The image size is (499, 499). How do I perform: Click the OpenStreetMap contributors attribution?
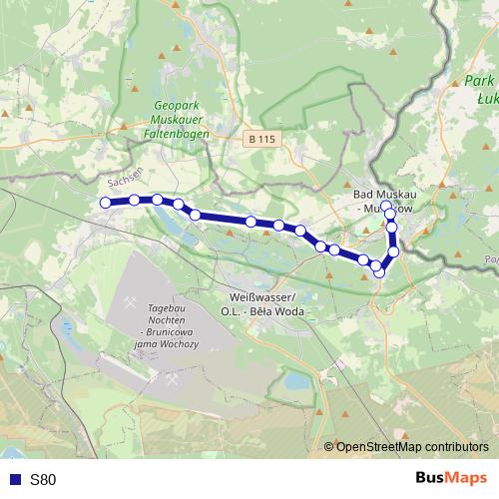pos(412,447)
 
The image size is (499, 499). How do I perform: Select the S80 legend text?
pos(43,480)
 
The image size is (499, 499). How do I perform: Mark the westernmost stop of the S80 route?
pos(105,203)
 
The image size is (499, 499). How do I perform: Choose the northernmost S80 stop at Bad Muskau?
pos(386,206)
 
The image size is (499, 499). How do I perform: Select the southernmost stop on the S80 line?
pos(379,272)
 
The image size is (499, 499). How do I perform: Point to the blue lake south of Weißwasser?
pos(295,381)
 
